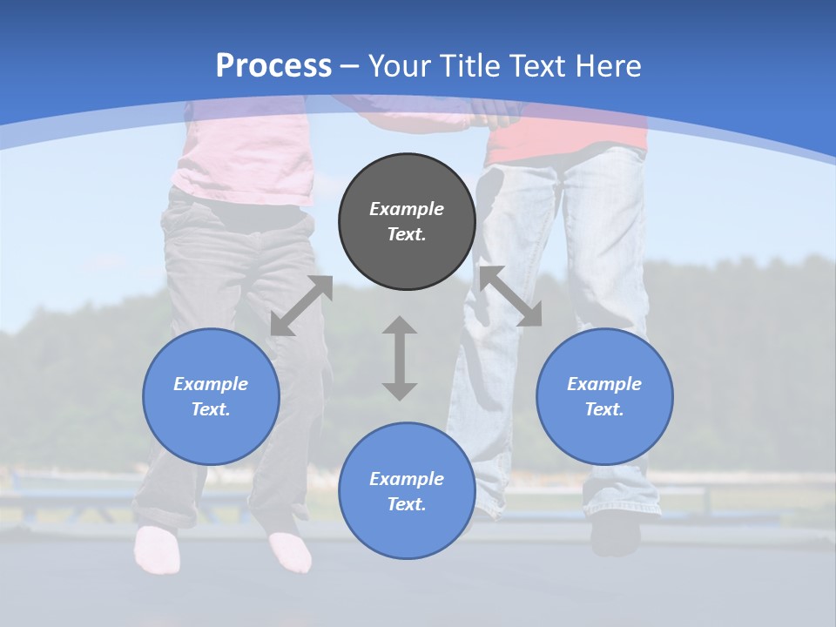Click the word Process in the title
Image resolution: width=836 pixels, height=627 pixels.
(273, 65)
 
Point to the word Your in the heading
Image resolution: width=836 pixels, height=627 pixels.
(401, 65)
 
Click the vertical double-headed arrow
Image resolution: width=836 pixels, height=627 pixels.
(400, 358)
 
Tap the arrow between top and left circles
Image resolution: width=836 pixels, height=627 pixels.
(301, 306)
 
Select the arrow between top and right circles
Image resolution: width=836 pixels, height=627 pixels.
(511, 296)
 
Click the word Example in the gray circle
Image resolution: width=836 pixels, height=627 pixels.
(407, 209)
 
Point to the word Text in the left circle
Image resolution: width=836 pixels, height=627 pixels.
(211, 409)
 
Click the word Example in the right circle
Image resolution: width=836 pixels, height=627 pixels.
(604, 384)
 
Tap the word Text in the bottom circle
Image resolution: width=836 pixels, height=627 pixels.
(407, 504)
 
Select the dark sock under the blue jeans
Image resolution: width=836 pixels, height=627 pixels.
(615, 535)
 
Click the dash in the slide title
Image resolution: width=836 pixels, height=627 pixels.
(350, 66)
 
